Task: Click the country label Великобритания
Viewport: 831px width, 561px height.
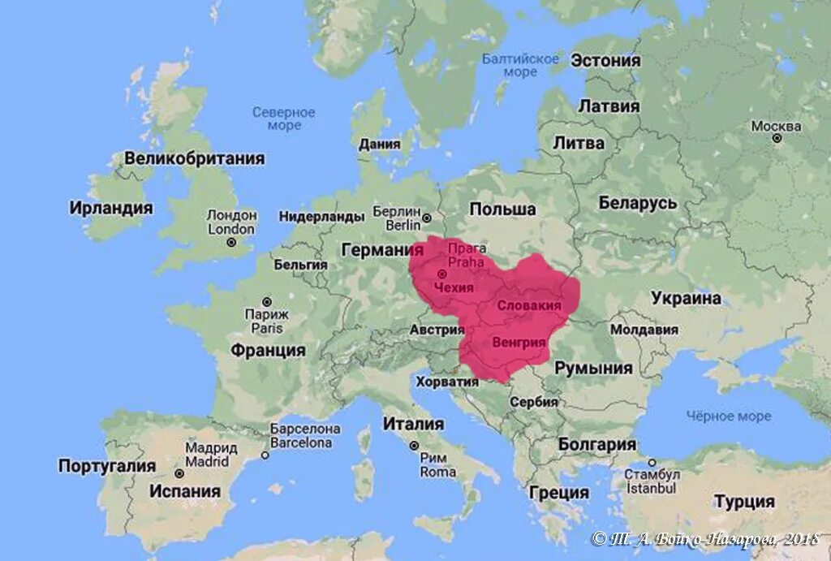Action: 194,158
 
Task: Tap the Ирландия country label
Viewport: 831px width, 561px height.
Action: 111,208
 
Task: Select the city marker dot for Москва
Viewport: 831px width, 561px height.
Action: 777,139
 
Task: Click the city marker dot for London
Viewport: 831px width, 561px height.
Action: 230,242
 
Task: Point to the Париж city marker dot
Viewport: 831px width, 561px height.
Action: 266,301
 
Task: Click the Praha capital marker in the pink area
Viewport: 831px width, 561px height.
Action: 442,274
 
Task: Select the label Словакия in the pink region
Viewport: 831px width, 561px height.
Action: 528,305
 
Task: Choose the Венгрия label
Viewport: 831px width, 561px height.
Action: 519,342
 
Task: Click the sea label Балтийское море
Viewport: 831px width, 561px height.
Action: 520,65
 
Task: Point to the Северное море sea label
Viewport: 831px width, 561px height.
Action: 282,119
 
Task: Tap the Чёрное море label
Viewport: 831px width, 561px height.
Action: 729,416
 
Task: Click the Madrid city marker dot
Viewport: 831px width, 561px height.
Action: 179,473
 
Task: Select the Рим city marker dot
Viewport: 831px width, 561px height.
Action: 414,446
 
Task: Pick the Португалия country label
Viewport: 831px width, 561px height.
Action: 106,466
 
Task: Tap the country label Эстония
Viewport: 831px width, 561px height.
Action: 605,61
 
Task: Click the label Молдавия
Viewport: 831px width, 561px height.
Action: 644,330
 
